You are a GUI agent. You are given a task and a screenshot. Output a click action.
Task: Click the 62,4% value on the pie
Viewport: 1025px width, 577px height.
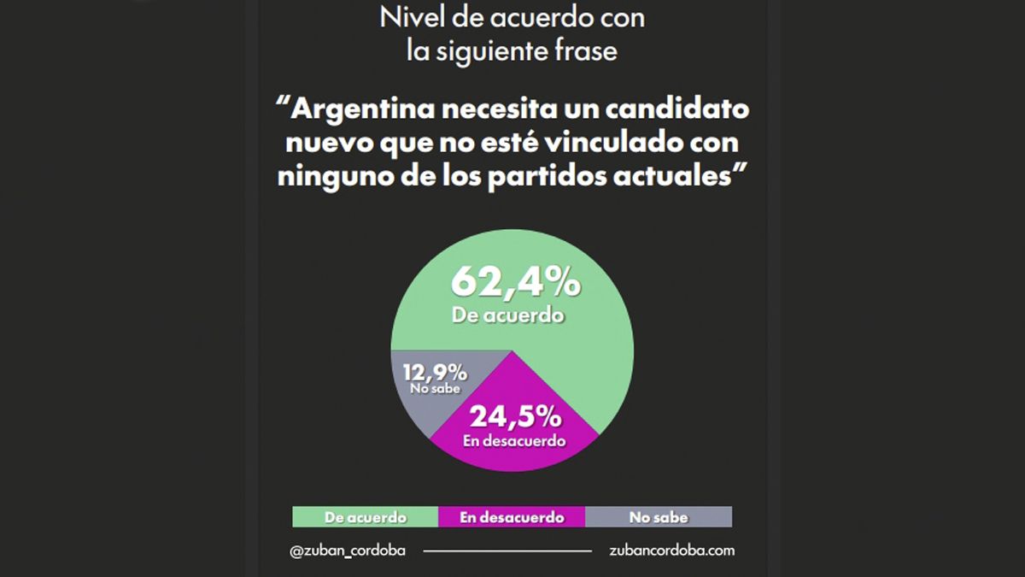[515, 281]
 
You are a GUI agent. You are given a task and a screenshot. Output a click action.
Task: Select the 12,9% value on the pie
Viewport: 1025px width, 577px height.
[436, 372]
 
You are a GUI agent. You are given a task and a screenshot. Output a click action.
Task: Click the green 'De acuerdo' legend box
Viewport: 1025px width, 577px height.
[365, 517]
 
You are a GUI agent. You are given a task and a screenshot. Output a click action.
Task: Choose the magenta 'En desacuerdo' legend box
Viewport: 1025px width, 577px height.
[512, 517]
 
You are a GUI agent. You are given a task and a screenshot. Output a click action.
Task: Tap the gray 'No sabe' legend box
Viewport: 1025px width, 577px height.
[658, 517]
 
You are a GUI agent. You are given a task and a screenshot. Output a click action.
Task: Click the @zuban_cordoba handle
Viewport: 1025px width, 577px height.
[348, 551]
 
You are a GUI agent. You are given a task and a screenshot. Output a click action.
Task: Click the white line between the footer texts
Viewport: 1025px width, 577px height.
[507, 551]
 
